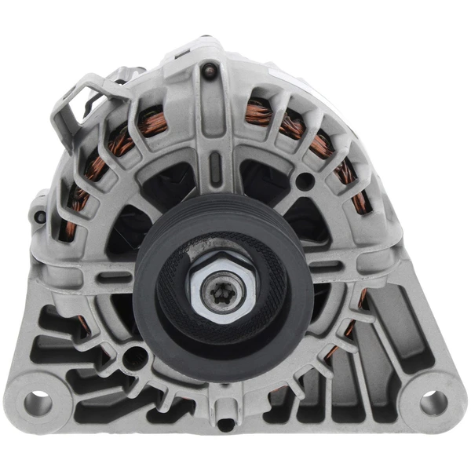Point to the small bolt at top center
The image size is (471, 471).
[x=207, y=71]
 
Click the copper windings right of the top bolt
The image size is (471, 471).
[x=259, y=114]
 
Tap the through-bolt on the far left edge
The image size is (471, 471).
[x=39, y=216]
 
